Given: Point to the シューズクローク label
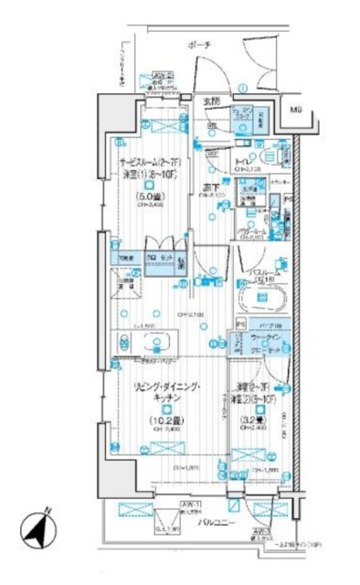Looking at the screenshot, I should (x=240, y=115).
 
